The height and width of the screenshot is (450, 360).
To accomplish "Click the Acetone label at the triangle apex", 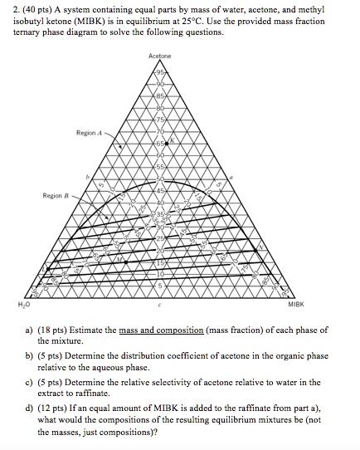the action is pos(160,56).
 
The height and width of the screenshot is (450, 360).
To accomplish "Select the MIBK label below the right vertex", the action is pos(296,305).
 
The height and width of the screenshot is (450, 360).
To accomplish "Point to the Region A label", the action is pos(89,132).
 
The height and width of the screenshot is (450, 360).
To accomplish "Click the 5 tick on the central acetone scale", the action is pos(160,286).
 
